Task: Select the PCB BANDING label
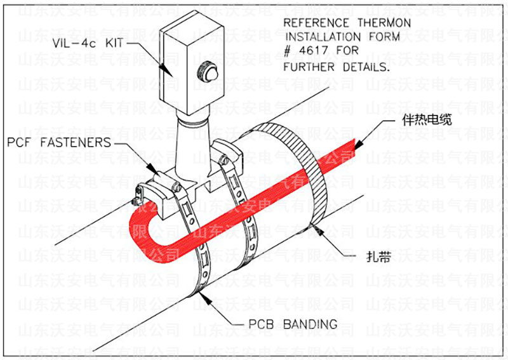click(291, 324)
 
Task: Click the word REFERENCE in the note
click(314, 22)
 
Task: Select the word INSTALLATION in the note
click(325, 37)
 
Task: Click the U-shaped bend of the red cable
click(143, 226)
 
